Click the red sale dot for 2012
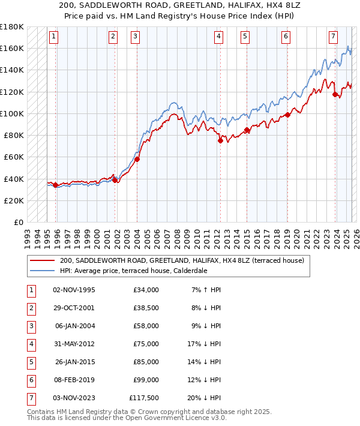[x=220, y=141]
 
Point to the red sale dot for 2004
[x=137, y=159]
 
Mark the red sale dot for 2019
[x=287, y=115]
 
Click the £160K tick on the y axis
[x=12, y=48]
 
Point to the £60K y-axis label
[x=13, y=157]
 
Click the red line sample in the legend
[x=41, y=261]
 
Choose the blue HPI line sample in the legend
[x=41, y=271]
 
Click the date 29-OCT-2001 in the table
[x=74, y=307]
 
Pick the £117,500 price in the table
[x=143, y=397]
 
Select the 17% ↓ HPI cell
[x=204, y=343]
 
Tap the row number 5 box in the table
[x=31, y=361]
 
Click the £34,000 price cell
[x=146, y=289]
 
